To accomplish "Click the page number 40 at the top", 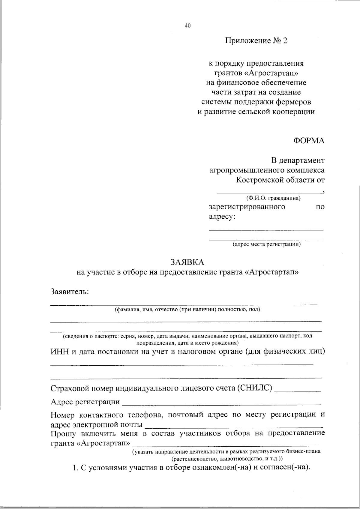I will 187,25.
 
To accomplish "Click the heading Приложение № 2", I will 256,41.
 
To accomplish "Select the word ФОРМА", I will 309,141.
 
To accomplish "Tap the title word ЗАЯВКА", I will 187,262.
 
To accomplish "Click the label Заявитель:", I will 70,292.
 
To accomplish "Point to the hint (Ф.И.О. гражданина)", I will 273,198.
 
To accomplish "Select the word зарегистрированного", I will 247,207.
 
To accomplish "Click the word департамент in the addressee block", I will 302,160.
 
